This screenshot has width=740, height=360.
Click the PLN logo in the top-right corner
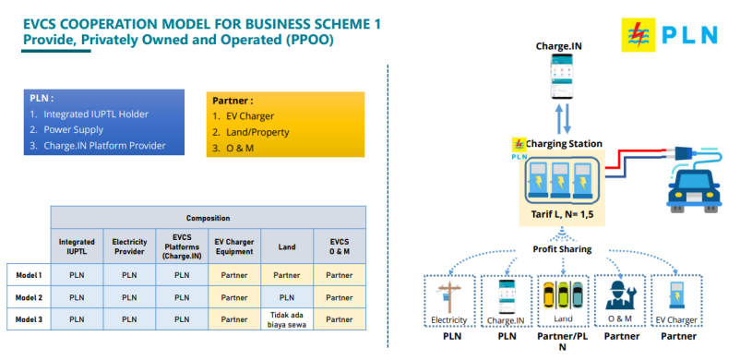(x=670, y=34)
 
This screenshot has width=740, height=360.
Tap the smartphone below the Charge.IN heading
(x=562, y=77)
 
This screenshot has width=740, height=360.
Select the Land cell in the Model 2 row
(x=287, y=297)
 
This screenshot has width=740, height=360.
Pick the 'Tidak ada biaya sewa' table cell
(x=287, y=319)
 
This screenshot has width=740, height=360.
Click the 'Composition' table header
(x=209, y=218)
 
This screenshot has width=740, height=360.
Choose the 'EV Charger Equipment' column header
(x=234, y=246)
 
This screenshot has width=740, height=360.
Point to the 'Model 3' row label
(x=29, y=319)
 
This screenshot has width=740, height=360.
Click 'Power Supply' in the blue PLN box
(x=73, y=129)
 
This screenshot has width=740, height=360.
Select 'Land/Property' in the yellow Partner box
(x=257, y=132)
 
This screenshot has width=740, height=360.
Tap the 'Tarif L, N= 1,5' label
(x=561, y=214)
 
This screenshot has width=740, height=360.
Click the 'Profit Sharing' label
(x=562, y=249)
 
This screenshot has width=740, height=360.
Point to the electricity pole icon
(x=447, y=297)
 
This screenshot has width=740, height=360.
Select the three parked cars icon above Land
(x=563, y=294)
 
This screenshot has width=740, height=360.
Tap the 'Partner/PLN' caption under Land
(x=562, y=342)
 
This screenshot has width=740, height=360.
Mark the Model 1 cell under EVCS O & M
(x=340, y=275)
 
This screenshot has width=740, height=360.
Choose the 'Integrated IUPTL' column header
(x=77, y=246)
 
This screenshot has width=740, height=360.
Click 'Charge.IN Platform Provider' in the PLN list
(x=104, y=146)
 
